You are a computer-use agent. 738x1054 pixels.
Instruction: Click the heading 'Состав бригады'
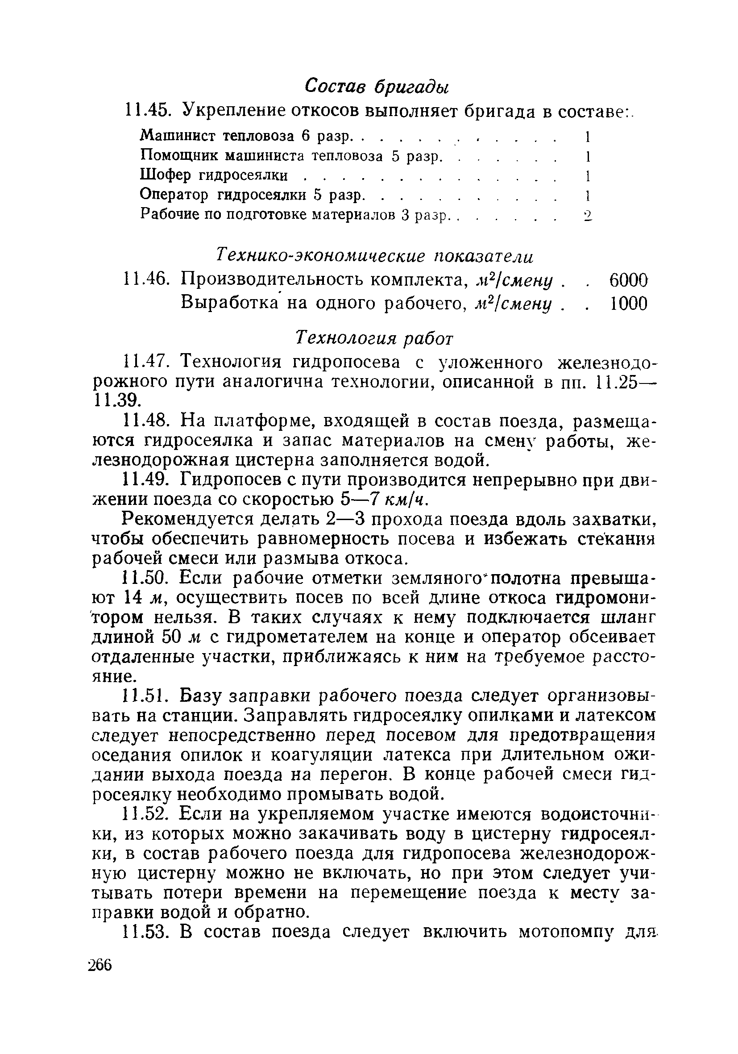[376, 86]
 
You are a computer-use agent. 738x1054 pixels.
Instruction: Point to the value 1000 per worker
[628, 304]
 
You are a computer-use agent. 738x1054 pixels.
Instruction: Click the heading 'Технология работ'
[374, 338]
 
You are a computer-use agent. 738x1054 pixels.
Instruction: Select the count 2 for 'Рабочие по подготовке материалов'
[588, 215]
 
